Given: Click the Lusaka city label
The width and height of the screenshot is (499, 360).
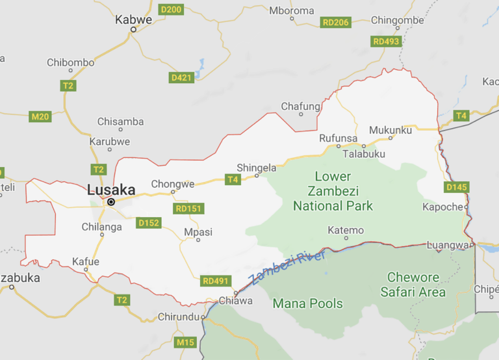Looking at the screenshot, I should pyautogui.click(x=111, y=190).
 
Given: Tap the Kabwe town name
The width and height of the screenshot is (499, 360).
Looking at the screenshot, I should pyautogui.click(x=133, y=19).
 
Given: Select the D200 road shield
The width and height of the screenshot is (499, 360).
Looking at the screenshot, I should pyautogui.click(x=172, y=9).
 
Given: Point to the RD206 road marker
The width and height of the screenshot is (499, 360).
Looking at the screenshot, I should pyautogui.click(x=336, y=23).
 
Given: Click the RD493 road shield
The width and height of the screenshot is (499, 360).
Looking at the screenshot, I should pyautogui.click(x=387, y=42).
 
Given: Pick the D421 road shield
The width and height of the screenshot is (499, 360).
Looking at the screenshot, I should pyautogui.click(x=181, y=77).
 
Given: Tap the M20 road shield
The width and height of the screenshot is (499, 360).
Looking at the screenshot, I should pyautogui.click(x=40, y=116).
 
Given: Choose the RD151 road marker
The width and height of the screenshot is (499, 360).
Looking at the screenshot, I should pyautogui.click(x=189, y=209).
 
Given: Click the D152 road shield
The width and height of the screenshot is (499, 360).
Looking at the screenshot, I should pyautogui.click(x=149, y=223).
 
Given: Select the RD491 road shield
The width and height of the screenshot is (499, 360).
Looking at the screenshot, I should pyautogui.click(x=216, y=281).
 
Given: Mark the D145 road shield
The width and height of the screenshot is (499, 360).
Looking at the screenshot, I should pyautogui.click(x=457, y=187).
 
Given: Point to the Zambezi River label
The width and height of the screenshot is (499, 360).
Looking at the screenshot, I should pyautogui.click(x=287, y=268).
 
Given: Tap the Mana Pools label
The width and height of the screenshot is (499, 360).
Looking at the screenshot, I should pyautogui.click(x=307, y=303).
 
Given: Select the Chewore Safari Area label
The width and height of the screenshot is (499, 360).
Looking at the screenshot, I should pyautogui.click(x=413, y=285).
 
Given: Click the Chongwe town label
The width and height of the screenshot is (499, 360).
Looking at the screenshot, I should pyautogui.click(x=172, y=184).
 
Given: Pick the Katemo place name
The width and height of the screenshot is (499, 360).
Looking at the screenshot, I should pyautogui.click(x=346, y=230).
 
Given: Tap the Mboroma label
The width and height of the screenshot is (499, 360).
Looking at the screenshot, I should pyautogui.click(x=291, y=10).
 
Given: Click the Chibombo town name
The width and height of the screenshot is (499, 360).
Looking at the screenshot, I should pyautogui.click(x=70, y=62).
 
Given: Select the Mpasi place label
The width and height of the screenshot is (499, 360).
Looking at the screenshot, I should pyautogui.click(x=198, y=232).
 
